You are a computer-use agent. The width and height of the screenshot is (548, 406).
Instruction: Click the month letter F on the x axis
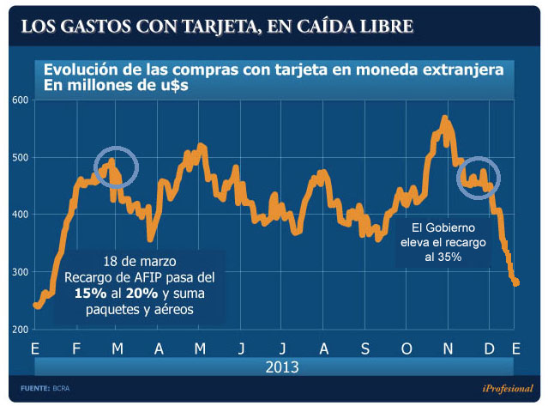76,349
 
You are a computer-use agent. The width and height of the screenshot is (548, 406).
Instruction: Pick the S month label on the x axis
364,349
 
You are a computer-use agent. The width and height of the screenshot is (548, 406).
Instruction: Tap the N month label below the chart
447,349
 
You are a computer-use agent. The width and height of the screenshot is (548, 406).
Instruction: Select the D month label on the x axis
488,349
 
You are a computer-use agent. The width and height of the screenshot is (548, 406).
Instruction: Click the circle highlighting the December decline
478,178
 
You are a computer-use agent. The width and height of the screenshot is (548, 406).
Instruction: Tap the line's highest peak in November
444,118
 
